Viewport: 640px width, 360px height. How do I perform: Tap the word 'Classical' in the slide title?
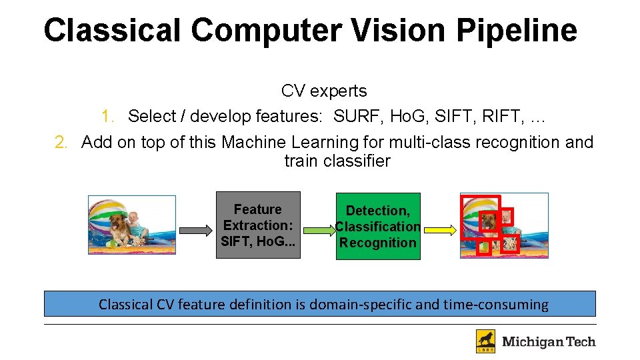(112, 31)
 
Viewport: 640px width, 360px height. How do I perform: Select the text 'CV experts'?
(324, 91)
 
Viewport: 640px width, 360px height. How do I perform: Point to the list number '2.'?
(63, 143)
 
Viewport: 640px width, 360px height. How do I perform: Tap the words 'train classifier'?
(337, 161)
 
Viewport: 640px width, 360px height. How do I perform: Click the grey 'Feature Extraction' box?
(258, 225)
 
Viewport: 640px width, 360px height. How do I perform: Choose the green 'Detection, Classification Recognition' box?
(378, 226)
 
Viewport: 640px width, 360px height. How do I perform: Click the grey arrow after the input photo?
(196, 231)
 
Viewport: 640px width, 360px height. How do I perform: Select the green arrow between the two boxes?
(319, 231)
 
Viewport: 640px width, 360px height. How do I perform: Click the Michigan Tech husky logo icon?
(485, 341)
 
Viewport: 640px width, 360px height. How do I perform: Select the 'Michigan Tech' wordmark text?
(549, 342)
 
